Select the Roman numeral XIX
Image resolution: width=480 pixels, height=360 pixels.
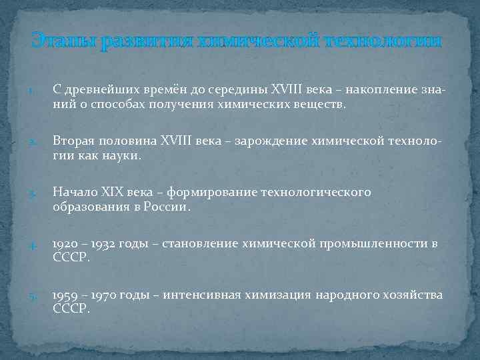coord(120,193)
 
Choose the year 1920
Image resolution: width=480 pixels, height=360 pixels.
coord(65,243)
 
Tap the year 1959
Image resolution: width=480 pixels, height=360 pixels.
coord(65,295)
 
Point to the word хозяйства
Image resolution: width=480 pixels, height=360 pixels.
coord(406,295)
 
